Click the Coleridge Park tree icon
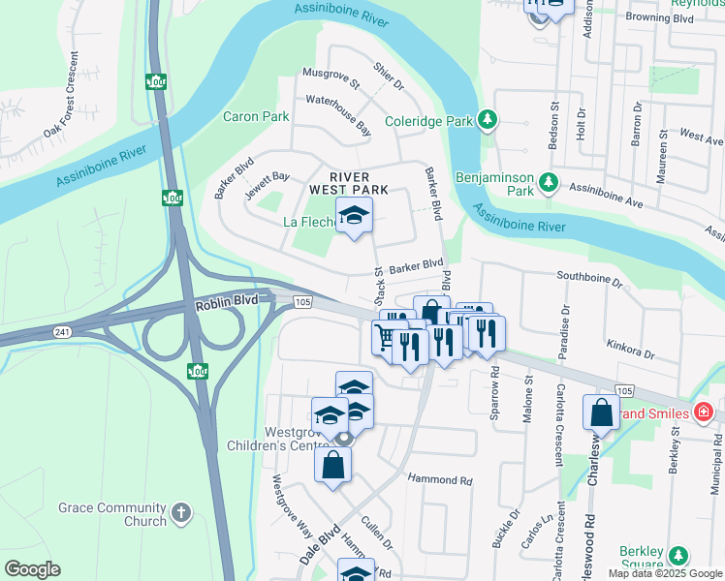point(489,121)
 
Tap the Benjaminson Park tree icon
point(550,181)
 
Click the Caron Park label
point(256,116)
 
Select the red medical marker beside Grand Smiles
point(705,413)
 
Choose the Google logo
point(32,569)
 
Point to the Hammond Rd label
point(439,480)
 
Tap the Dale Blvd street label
point(321,545)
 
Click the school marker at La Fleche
point(354,217)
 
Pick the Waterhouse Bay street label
point(338,113)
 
